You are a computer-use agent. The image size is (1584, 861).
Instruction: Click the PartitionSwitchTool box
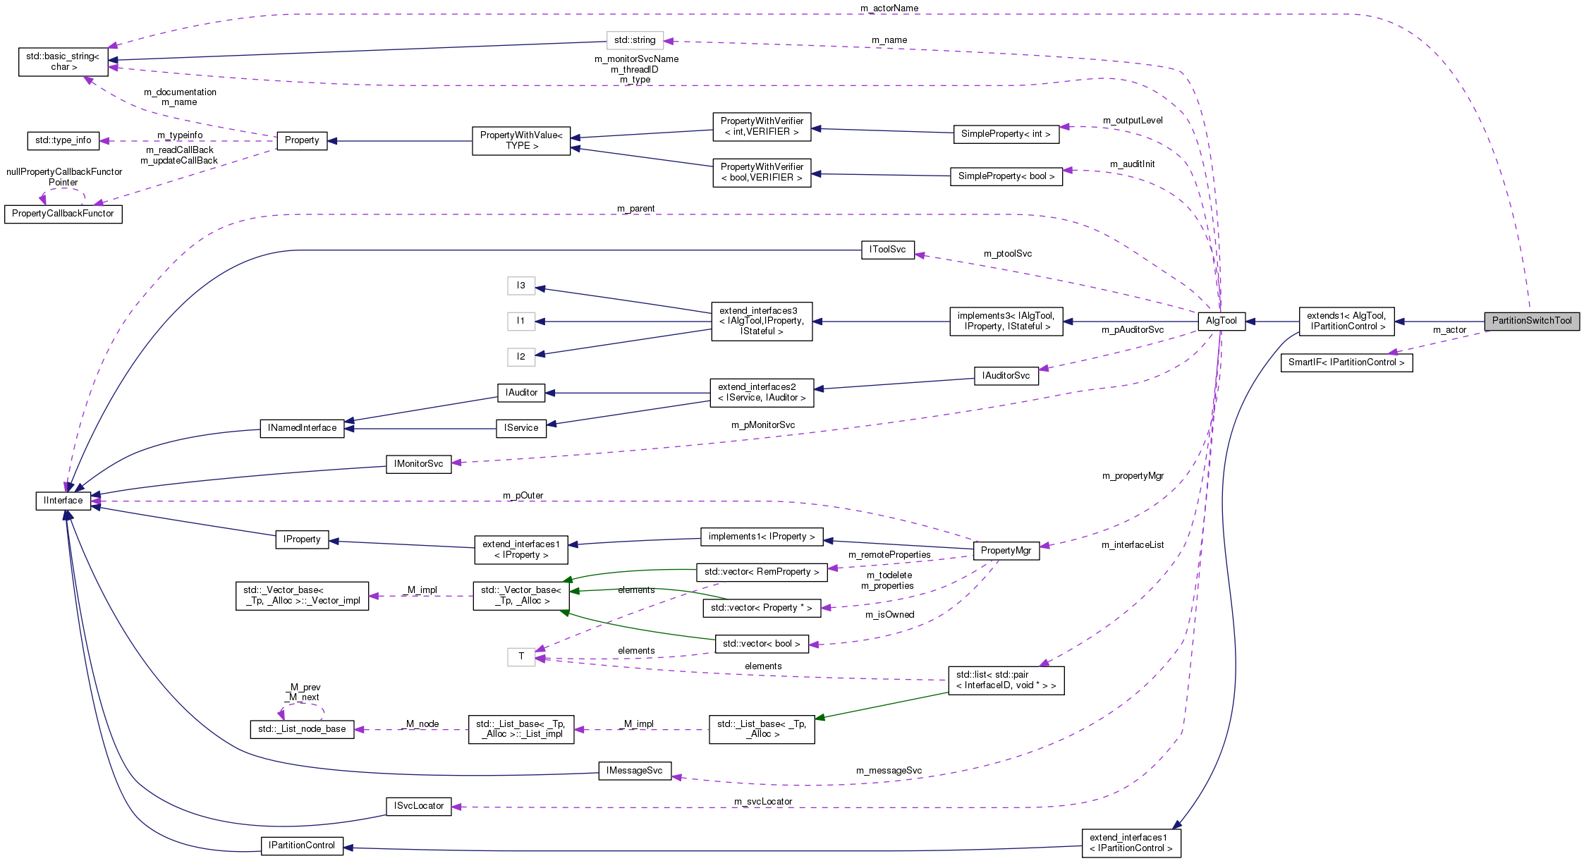pyautogui.click(x=1531, y=321)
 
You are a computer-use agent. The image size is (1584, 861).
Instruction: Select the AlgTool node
pyautogui.click(x=1221, y=321)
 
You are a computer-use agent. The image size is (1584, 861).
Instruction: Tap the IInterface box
pyautogui.click(x=63, y=501)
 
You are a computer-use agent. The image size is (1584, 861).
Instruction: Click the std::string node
pyautogui.click(x=635, y=40)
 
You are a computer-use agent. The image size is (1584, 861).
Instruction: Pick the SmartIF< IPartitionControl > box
pyautogui.click(x=1346, y=362)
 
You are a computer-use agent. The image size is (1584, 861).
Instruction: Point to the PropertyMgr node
pyautogui.click(x=1006, y=551)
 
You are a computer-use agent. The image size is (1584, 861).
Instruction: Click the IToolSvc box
pyautogui.click(x=887, y=250)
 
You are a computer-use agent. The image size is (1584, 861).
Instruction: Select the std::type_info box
pyautogui.click(x=63, y=140)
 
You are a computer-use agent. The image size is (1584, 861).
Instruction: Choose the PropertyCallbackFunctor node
pyautogui.click(x=63, y=214)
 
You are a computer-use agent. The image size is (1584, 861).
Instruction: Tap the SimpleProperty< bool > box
pyautogui.click(x=1006, y=176)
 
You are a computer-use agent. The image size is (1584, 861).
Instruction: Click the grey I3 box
pyautogui.click(x=520, y=286)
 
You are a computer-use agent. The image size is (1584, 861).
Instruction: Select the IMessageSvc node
pyautogui.click(x=634, y=771)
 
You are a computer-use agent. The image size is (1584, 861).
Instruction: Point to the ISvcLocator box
pyautogui.click(x=419, y=806)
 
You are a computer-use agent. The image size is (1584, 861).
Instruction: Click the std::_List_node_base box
pyautogui.click(x=302, y=729)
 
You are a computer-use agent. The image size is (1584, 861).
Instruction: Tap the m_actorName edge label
pyautogui.click(x=889, y=8)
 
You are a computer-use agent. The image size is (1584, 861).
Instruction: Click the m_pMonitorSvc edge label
pyautogui.click(x=762, y=425)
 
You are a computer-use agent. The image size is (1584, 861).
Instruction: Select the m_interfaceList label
pyautogui.click(x=1132, y=545)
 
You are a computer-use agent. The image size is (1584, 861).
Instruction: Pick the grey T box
pyautogui.click(x=520, y=657)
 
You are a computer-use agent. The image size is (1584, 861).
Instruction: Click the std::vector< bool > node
pyautogui.click(x=761, y=644)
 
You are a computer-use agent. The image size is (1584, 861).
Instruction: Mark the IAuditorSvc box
pyautogui.click(x=1006, y=376)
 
